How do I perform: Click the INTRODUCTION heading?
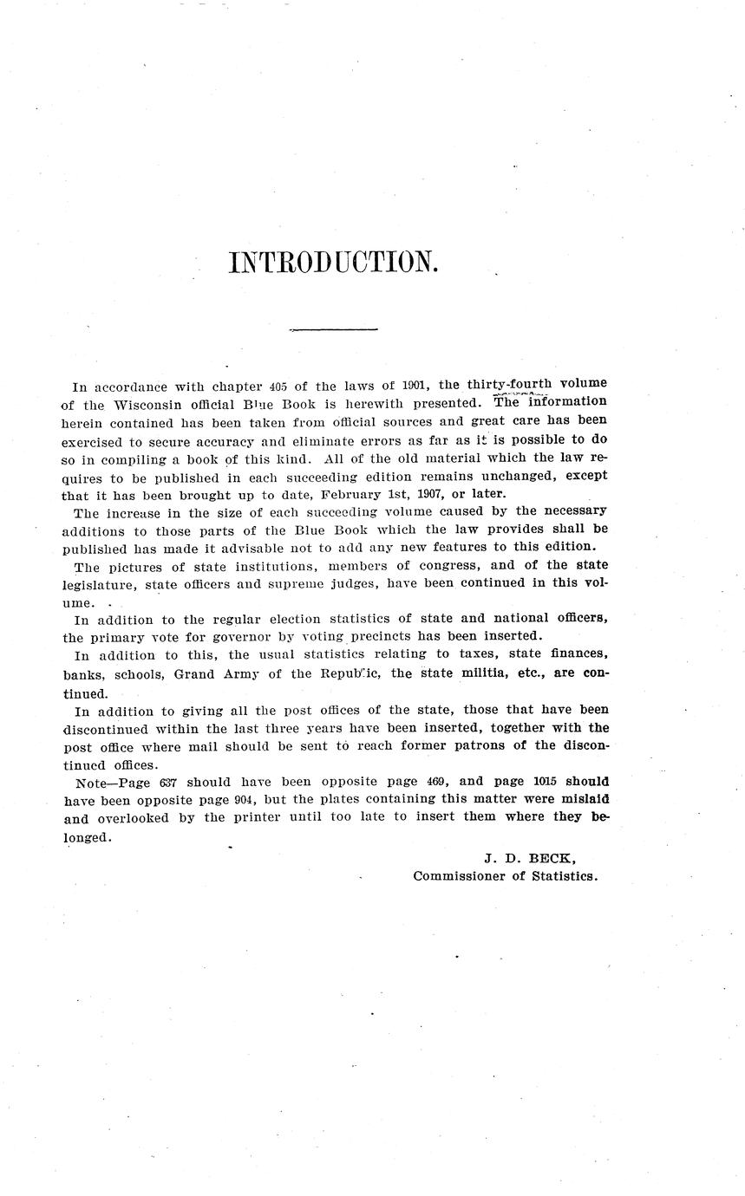point(334,262)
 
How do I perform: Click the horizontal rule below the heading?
point(334,329)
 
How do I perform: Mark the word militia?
point(487,673)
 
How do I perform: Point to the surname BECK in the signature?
point(552,858)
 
